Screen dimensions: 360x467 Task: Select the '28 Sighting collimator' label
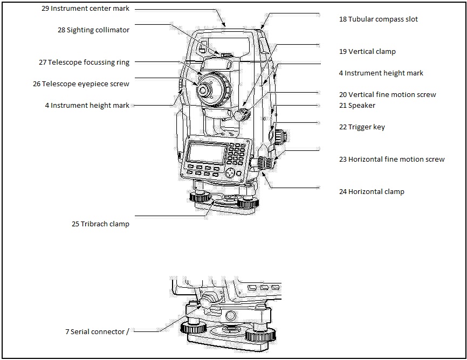93,30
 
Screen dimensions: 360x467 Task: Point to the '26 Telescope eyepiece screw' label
81,84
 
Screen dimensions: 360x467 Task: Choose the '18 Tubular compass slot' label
378,19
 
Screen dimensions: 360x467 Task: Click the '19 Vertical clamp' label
367,52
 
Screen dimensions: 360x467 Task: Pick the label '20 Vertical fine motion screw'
387,95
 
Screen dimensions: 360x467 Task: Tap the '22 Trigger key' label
362,127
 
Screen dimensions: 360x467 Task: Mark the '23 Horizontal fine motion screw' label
392,160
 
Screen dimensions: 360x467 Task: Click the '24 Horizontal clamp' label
372,192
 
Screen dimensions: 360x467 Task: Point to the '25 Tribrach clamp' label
100,224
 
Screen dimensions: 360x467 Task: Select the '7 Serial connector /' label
97,332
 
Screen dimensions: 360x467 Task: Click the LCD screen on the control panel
206,154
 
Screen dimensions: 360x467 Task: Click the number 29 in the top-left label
45,9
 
